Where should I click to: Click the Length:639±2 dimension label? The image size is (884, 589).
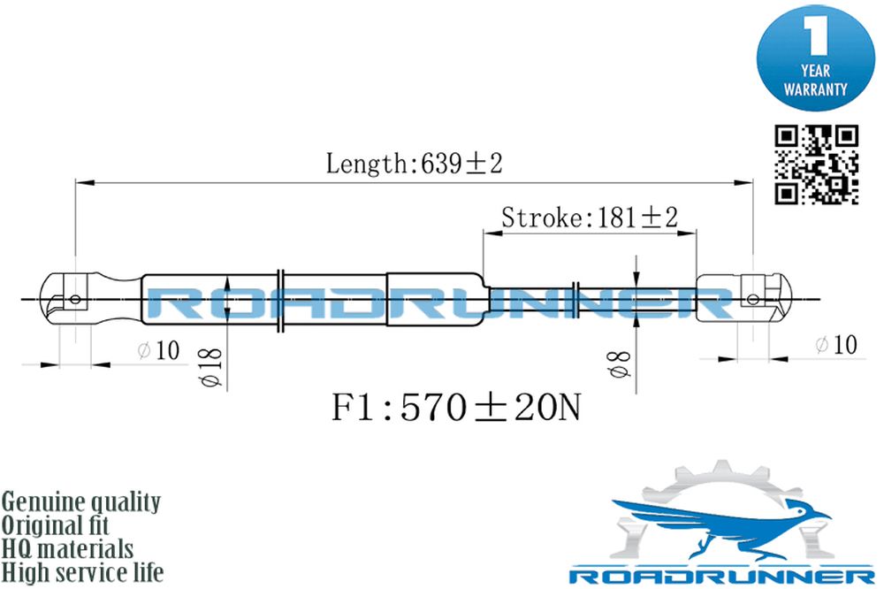tap(414, 164)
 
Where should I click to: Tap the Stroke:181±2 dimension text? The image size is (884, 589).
tap(589, 218)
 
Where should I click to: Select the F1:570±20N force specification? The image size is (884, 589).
tap(455, 408)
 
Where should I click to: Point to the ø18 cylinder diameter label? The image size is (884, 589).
tap(211, 367)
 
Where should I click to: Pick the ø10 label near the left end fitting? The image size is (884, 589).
tap(158, 350)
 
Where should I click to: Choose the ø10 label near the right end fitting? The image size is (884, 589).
tap(836, 344)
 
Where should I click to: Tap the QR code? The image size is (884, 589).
tap(816, 164)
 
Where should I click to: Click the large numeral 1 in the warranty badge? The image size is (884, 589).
tap(815, 35)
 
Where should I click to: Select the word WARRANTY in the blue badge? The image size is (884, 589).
tap(815, 89)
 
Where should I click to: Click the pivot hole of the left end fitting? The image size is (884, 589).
tap(75, 299)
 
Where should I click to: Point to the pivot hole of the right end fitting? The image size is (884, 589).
tap(752, 298)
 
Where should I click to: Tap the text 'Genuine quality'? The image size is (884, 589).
tap(81, 502)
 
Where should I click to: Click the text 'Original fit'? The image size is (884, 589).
tap(55, 525)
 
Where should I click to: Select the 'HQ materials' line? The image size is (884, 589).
tap(68, 549)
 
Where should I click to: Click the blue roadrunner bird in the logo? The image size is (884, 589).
tap(716, 524)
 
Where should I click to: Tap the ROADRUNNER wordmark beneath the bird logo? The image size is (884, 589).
tap(721, 577)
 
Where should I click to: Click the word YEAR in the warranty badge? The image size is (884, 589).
tap(815, 71)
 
